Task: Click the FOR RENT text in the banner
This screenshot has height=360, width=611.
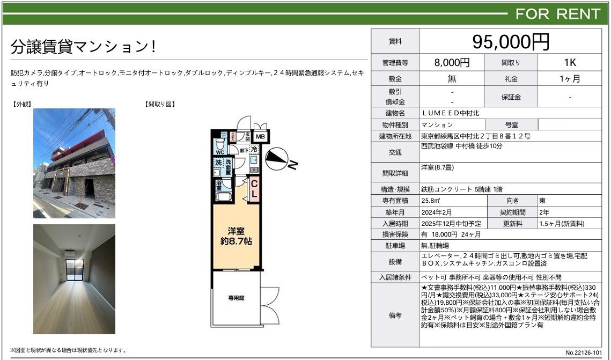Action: coord(557,14)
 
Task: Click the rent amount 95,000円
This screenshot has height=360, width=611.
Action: coord(511,41)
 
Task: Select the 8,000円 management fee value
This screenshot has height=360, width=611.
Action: coord(452,62)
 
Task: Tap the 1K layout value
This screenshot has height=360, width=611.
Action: coord(570,62)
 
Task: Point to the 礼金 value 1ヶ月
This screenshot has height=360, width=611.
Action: coord(570,79)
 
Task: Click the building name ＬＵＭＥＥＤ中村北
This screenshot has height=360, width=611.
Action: coord(451,113)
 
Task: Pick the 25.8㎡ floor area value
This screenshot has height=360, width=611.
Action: coord(431,201)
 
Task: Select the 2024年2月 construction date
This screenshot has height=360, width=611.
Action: coord(437,212)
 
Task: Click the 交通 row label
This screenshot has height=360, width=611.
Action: coord(395,152)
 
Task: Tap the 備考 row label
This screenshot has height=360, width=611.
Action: coord(395,315)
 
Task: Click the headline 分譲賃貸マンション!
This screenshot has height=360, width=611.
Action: coord(83,47)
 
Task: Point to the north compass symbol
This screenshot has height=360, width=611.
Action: coord(277,159)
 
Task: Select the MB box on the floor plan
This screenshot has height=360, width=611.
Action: coord(260,137)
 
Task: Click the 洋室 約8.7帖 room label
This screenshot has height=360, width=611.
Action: coord(236,236)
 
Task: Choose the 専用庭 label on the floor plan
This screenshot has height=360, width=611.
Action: coord(236,298)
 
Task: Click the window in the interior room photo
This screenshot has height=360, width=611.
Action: coord(74,270)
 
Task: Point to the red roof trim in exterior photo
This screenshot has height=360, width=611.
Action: coord(77,144)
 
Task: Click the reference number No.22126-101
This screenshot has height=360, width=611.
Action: coord(583,352)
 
